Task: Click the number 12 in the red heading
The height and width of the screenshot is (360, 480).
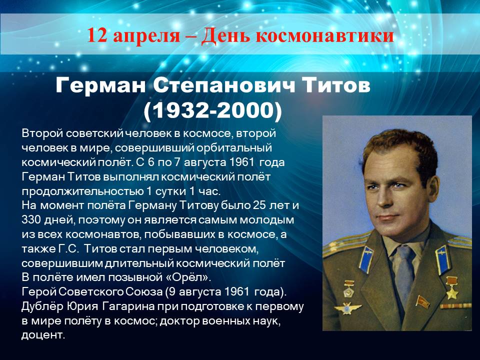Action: (x=97, y=35)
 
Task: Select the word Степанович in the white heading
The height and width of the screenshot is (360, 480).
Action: (x=224, y=85)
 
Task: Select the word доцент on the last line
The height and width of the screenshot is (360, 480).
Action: (x=43, y=335)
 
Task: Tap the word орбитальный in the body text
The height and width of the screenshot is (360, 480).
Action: (x=234, y=148)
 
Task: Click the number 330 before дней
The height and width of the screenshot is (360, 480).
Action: (x=31, y=220)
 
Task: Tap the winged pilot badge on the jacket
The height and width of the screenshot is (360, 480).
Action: (x=347, y=308)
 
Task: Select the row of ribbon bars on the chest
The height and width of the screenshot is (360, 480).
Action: (x=456, y=306)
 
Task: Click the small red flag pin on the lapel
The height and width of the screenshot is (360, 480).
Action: (x=422, y=301)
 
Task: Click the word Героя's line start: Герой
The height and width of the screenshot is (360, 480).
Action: (x=39, y=291)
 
